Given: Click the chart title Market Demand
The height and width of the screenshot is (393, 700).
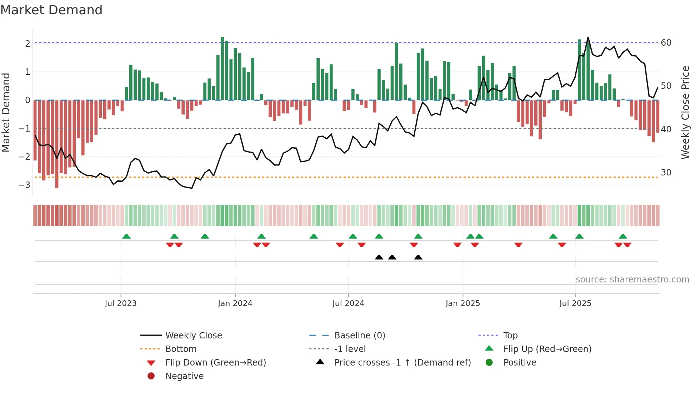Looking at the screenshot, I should (51, 10).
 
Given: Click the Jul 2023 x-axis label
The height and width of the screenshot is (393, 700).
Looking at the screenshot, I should (121, 303).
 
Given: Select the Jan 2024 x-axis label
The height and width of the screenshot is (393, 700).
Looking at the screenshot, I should (235, 303).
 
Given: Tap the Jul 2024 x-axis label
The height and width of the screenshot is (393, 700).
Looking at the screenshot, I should (348, 303).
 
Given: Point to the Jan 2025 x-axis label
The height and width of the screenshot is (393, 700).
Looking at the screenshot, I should (463, 303).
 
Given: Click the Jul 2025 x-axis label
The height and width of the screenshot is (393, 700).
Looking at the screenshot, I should (575, 303).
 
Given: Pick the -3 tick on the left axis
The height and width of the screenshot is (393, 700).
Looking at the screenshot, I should (24, 185).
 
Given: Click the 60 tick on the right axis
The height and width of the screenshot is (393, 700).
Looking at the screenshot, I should (666, 43).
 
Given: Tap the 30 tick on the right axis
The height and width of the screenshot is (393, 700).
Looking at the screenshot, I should (666, 173).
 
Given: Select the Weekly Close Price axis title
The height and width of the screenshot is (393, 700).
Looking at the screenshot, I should (685, 112).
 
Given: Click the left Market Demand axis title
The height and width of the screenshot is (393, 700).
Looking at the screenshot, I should (6, 112).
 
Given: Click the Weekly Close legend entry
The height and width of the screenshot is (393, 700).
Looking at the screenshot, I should (194, 336).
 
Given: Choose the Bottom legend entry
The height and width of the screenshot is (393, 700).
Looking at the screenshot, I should (181, 349).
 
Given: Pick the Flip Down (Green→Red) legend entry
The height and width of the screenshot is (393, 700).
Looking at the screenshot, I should (215, 363).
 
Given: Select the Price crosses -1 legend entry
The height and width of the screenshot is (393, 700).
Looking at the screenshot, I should (402, 363).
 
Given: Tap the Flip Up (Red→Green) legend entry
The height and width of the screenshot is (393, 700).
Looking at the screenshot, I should (547, 349).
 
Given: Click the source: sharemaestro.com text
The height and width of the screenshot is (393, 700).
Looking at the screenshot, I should (632, 280).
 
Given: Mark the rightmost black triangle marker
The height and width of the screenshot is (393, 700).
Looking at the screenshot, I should (418, 257).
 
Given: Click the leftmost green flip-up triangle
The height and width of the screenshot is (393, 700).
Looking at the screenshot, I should (126, 236).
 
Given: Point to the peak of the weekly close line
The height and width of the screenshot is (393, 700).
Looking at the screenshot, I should (588, 37).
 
